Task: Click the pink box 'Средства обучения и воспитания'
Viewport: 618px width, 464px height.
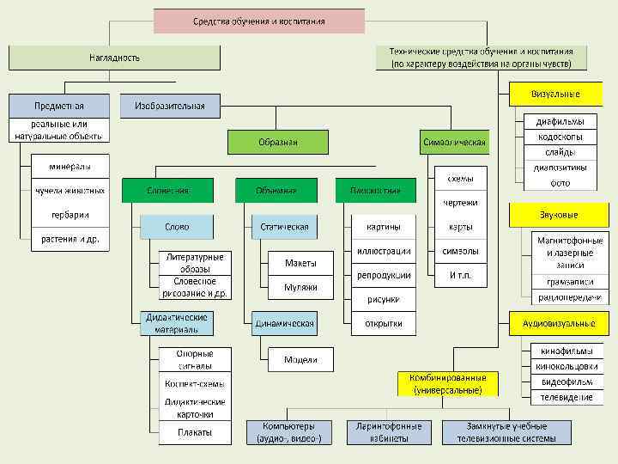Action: click(x=258, y=21)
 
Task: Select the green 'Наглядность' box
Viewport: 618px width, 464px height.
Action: click(x=114, y=58)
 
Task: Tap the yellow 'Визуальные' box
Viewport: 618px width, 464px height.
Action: click(x=555, y=94)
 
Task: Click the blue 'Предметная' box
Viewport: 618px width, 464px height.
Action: click(x=59, y=106)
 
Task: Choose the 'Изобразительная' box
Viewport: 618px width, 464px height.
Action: click(x=170, y=106)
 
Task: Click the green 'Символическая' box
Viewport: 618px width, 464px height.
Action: click(x=455, y=142)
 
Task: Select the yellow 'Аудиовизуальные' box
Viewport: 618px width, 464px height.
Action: click(x=559, y=324)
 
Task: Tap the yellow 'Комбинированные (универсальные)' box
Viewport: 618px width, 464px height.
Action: click(x=449, y=383)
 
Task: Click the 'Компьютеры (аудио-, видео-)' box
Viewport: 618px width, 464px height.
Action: click(x=288, y=432)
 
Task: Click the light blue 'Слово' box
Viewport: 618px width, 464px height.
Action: click(x=177, y=227)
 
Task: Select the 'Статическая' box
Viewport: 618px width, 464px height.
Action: click(x=284, y=227)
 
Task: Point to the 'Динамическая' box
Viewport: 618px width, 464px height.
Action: click(x=284, y=324)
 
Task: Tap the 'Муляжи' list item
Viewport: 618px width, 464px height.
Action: click(x=300, y=287)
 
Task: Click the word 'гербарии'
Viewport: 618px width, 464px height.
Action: click(x=70, y=215)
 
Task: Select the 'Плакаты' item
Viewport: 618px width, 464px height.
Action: click(x=195, y=432)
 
